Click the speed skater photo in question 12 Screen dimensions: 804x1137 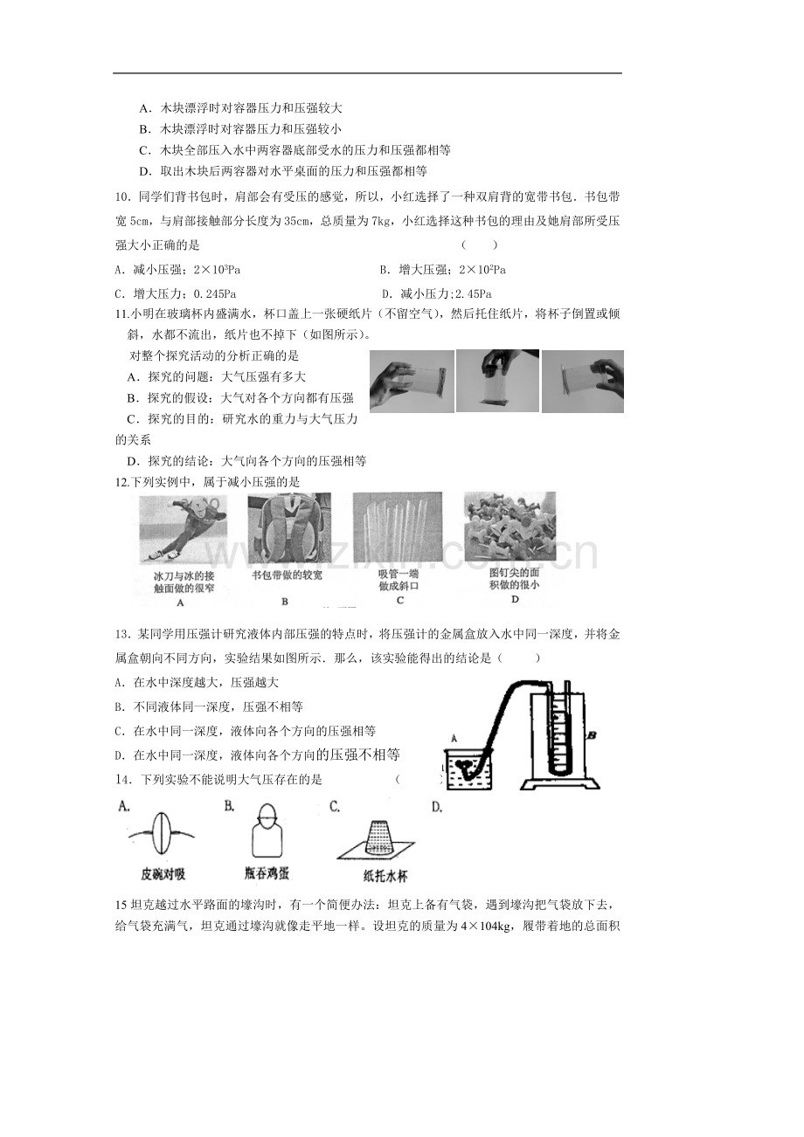tap(183, 528)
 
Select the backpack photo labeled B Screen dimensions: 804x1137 tap(289, 527)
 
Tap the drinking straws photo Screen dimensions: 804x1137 tap(397, 527)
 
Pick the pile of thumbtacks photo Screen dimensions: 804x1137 tap(509, 526)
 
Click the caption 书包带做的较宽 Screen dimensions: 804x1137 tap(288, 575)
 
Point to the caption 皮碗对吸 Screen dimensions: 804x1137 tap(163, 874)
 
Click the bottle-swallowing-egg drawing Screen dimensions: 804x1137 tap(267, 833)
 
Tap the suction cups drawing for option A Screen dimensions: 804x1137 tap(162, 836)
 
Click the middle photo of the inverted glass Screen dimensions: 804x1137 tap(497, 381)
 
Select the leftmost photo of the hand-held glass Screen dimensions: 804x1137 tap(412, 382)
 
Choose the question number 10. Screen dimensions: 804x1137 tap(123, 197)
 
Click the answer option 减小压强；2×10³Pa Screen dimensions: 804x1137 tap(177, 270)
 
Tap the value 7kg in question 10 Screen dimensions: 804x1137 tap(380, 221)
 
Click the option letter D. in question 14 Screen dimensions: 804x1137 tap(437, 807)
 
